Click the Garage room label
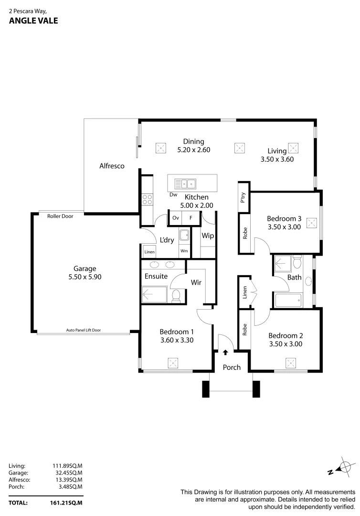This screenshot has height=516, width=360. point(85,268)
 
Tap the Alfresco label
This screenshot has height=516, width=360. point(112,166)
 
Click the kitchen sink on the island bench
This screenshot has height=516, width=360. point(185,183)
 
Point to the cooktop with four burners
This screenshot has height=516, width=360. point(147,199)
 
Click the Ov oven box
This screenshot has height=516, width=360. point(175,218)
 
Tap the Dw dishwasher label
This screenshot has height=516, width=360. point(173,194)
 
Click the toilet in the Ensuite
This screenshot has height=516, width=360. point(175,295)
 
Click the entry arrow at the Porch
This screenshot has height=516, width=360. point(225,353)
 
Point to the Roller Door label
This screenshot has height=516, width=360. point(60,216)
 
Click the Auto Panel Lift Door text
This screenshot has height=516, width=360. point(84,330)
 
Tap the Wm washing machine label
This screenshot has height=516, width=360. point(184,251)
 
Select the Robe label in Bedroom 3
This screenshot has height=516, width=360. point(245,233)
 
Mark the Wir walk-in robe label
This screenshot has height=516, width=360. point(196,282)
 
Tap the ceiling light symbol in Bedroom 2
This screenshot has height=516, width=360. point(291,362)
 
